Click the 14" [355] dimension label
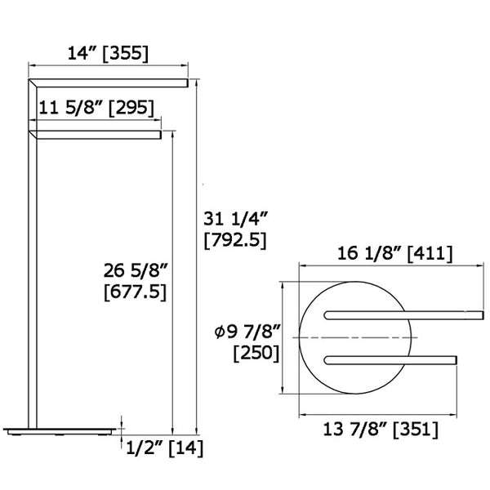coord(108,54)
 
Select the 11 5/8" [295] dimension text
coord(93,106)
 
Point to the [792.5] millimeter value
coord(234,240)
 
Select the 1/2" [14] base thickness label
coord(164,447)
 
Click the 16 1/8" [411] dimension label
coord(394,253)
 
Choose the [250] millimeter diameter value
coord(256,353)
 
